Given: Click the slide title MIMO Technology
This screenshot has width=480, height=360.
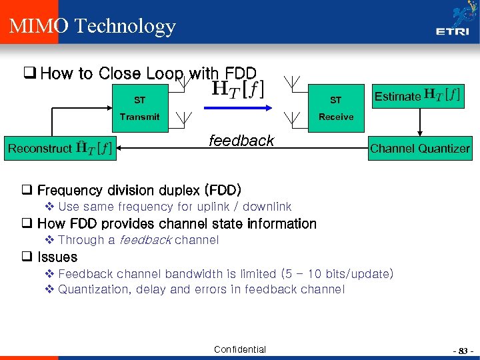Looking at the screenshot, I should coord(92,26).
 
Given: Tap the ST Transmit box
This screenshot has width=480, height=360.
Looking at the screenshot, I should coord(139,109).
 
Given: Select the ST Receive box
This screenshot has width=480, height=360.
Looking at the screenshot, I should coord(335,109).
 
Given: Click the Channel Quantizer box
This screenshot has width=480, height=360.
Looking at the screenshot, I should coord(420,149).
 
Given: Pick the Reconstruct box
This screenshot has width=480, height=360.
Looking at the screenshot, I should coord(59,148).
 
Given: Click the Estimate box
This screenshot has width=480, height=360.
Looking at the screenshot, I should coord(417,96).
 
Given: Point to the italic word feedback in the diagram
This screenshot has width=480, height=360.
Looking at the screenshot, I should coord(241,141).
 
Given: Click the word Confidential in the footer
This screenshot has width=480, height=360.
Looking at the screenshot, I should coord(239,349).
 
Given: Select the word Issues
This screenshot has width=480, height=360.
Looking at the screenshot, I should coord(57,257).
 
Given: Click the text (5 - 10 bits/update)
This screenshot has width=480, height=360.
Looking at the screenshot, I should coord(337,274).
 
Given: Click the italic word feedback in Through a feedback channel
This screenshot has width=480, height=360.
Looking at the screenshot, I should coord(145,240).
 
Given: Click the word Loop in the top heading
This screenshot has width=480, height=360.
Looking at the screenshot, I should coord(163,73).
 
